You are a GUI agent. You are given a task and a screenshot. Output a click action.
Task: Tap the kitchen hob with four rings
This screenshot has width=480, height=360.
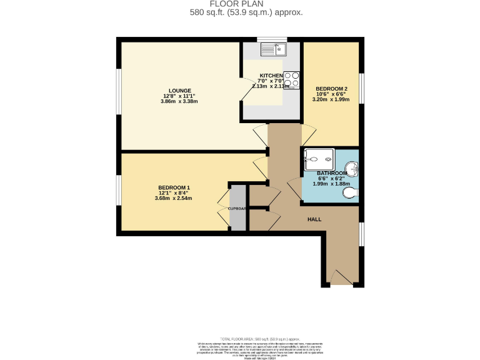(291, 81)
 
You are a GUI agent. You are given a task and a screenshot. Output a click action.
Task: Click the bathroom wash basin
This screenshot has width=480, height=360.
(353, 169)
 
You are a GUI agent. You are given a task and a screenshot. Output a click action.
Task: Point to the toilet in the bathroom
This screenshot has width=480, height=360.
(351, 194)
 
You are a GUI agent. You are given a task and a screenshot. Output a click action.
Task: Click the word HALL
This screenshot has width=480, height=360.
(314, 219)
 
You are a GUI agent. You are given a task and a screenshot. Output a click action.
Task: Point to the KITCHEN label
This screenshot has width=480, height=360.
(271, 76)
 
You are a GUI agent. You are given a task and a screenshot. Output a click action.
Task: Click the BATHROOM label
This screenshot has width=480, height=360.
(331, 173)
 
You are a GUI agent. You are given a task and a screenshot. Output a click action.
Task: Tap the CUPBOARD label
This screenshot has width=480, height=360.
(237, 208)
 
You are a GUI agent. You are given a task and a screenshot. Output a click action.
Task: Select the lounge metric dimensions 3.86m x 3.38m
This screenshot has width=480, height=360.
(179, 102)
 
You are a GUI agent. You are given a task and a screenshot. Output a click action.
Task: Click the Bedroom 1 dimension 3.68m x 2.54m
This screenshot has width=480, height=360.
(173, 199)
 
